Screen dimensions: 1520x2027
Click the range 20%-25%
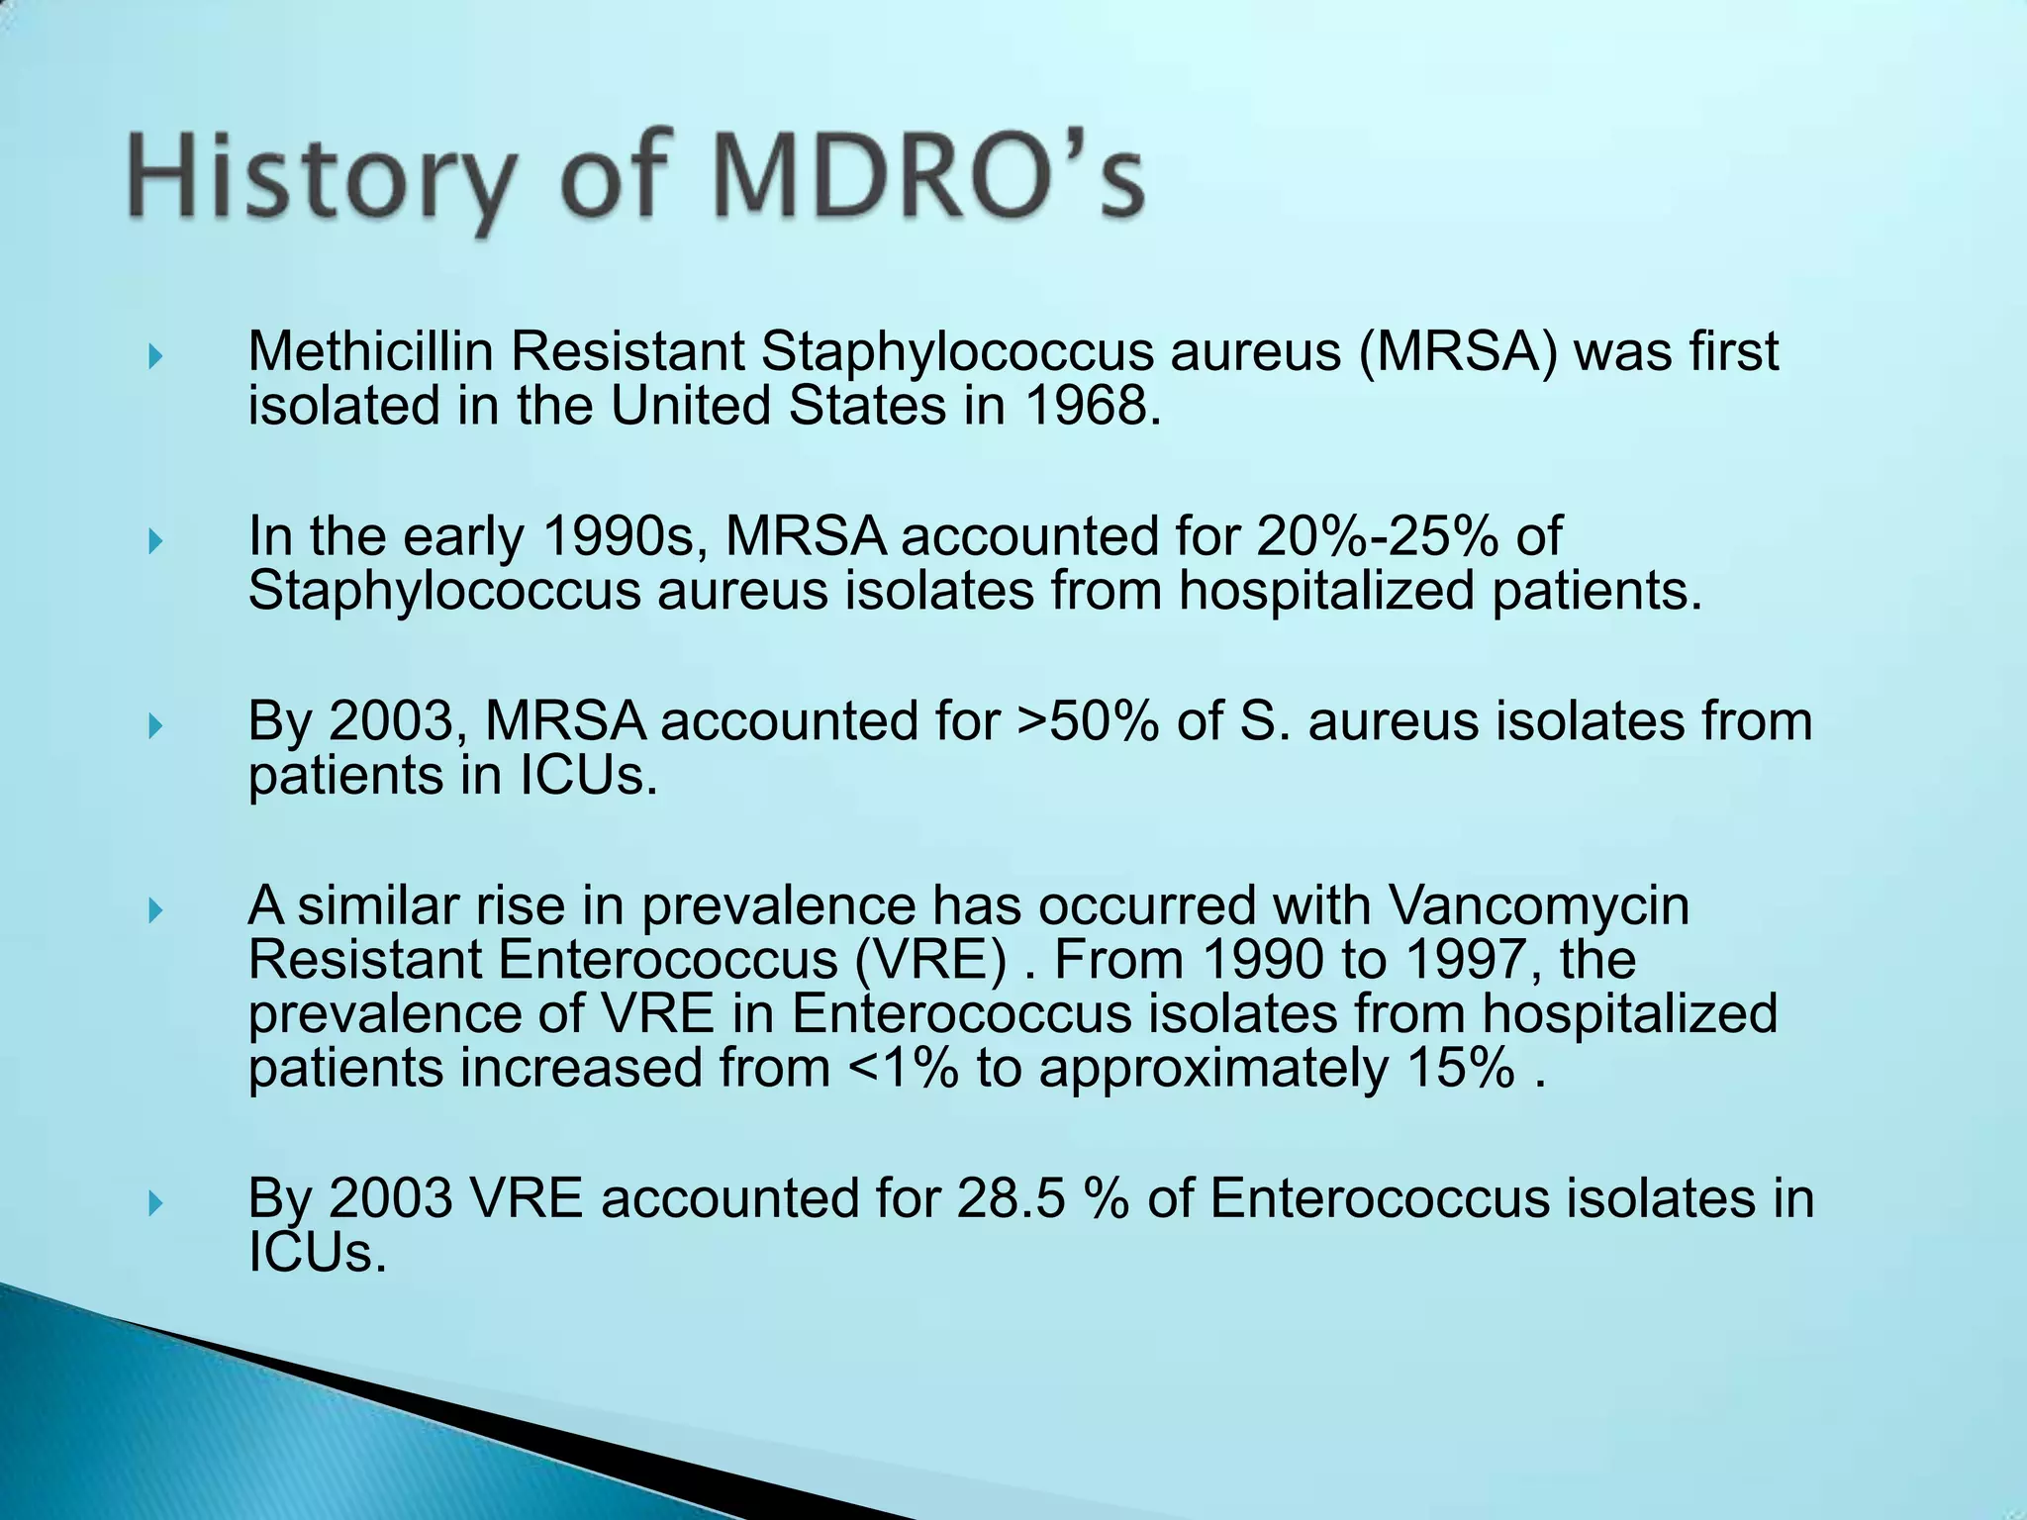tap(1378, 537)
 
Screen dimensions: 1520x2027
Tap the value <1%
tap(904, 1069)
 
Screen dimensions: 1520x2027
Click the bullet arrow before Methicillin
tap(154, 356)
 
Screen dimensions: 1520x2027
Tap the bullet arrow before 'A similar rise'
tap(154, 909)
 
